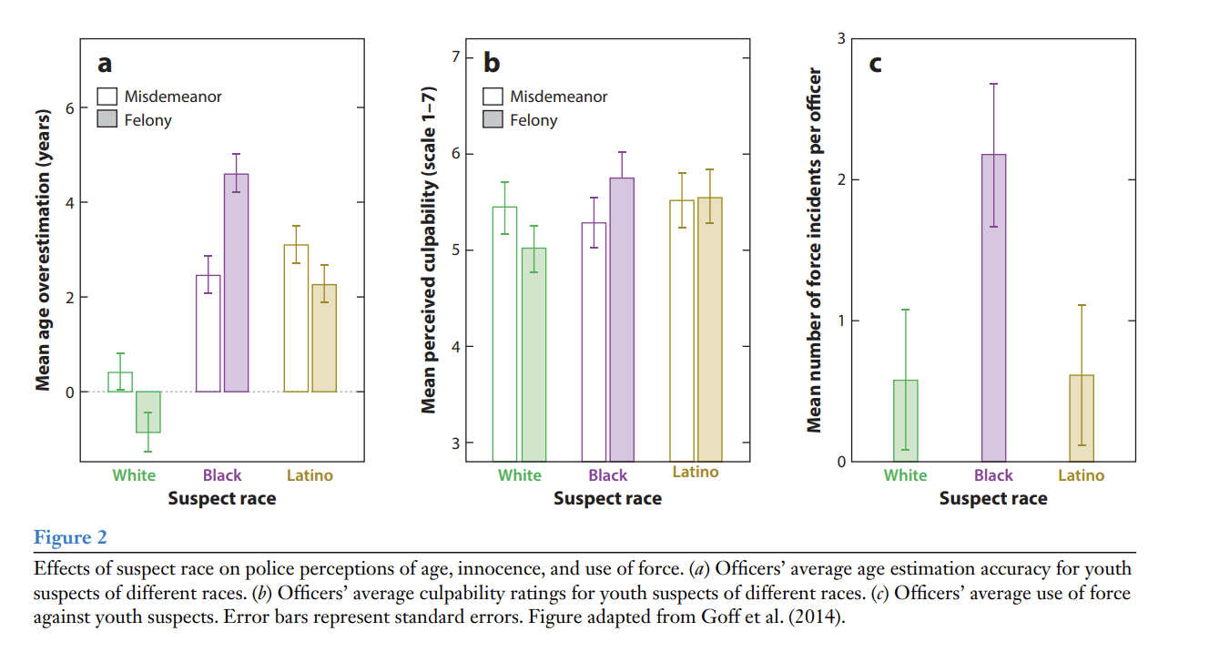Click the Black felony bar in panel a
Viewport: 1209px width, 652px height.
pos(236,283)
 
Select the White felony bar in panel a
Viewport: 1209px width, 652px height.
pos(148,412)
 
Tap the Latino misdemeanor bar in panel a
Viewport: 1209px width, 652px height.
pos(296,318)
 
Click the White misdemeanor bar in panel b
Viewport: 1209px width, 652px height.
pos(504,333)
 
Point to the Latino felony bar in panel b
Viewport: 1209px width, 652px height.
pos(709,329)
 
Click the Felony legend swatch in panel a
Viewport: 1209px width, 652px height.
pos(107,119)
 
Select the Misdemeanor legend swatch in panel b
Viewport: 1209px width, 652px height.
pos(493,97)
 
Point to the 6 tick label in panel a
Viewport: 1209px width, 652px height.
pos(70,108)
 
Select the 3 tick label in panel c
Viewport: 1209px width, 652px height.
pos(841,39)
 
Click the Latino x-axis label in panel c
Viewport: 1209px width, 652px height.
pos(1081,475)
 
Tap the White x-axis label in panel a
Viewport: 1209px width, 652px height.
pos(134,475)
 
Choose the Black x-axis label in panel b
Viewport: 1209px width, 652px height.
pos(607,475)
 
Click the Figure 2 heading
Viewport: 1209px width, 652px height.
pos(64,538)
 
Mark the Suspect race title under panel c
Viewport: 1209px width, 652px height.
pos(993,499)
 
